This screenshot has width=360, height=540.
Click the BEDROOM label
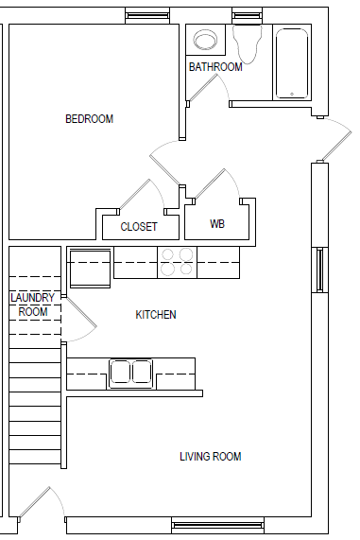(x=89, y=119)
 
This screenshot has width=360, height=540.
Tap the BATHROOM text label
(x=215, y=67)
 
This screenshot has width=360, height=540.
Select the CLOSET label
(x=139, y=227)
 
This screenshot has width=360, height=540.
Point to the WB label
(x=217, y=225)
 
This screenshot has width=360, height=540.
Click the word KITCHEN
(x=156, y=315)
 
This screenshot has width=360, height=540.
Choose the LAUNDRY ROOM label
(x=32, y=305)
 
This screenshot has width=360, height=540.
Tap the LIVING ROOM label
(x=211, y=457)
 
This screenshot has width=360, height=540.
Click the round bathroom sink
(x=204, y=41)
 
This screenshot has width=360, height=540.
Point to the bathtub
(x=292, y=63)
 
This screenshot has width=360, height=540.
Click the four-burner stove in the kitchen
(x=176, y=262)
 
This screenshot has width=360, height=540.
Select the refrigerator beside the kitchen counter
(x=89, y=264)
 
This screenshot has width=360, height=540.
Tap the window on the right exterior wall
(x=321, y=270)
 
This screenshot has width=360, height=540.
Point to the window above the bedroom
(x=147, y=15)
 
